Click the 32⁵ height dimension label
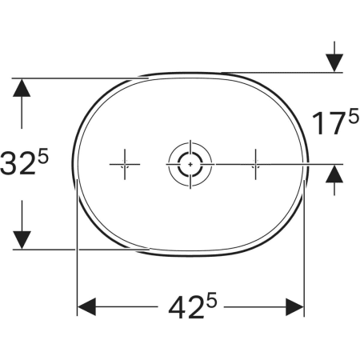24,162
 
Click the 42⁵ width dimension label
193,306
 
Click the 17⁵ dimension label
335,122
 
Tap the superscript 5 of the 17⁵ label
354,117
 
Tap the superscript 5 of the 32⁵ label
43,155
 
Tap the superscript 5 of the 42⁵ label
212,300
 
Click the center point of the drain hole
190,164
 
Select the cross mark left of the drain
125,164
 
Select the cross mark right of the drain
255,164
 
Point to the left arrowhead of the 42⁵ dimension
86,307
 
